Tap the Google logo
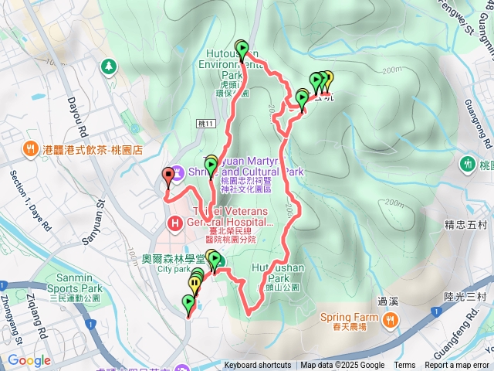(29, 360)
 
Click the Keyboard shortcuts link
(258, 366)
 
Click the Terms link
(404, 366)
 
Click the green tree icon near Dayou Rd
(110, 66)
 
